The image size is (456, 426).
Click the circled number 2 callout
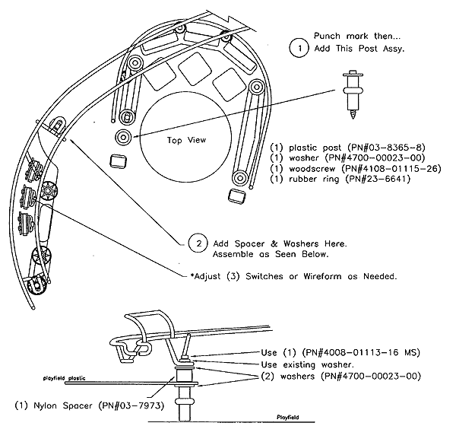[x=197, y=243]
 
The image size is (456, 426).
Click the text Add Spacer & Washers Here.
[x=278, y=243]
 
